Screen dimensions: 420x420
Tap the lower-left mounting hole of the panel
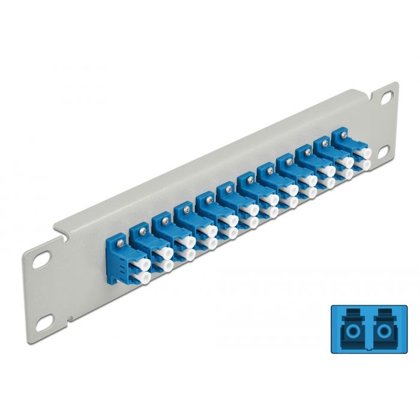(x=41, y=325)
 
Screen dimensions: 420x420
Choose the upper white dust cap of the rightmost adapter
(x=362, y=152)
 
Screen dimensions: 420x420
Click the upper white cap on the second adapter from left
(x=162, y=253)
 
